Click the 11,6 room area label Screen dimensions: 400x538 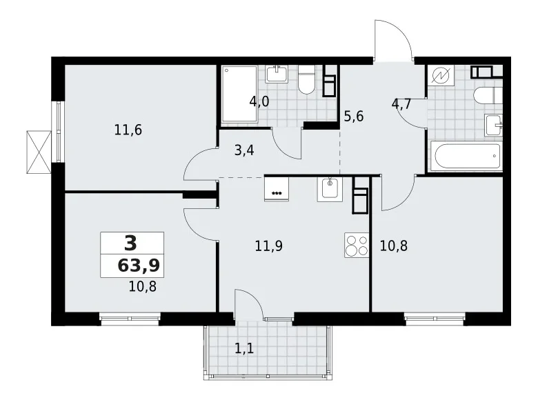pos(130,129)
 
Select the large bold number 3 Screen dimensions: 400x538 pos(130,242)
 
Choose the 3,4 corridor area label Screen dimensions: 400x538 pos(244,150)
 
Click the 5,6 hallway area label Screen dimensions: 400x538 pos(353,116)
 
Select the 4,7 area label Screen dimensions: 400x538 pos(401,105)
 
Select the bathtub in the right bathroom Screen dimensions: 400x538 pos(466,156)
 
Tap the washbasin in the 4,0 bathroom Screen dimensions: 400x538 pos(279,73)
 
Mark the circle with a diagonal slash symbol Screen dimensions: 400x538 pos(439,77)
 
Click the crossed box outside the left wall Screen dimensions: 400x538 pos(38,150)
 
